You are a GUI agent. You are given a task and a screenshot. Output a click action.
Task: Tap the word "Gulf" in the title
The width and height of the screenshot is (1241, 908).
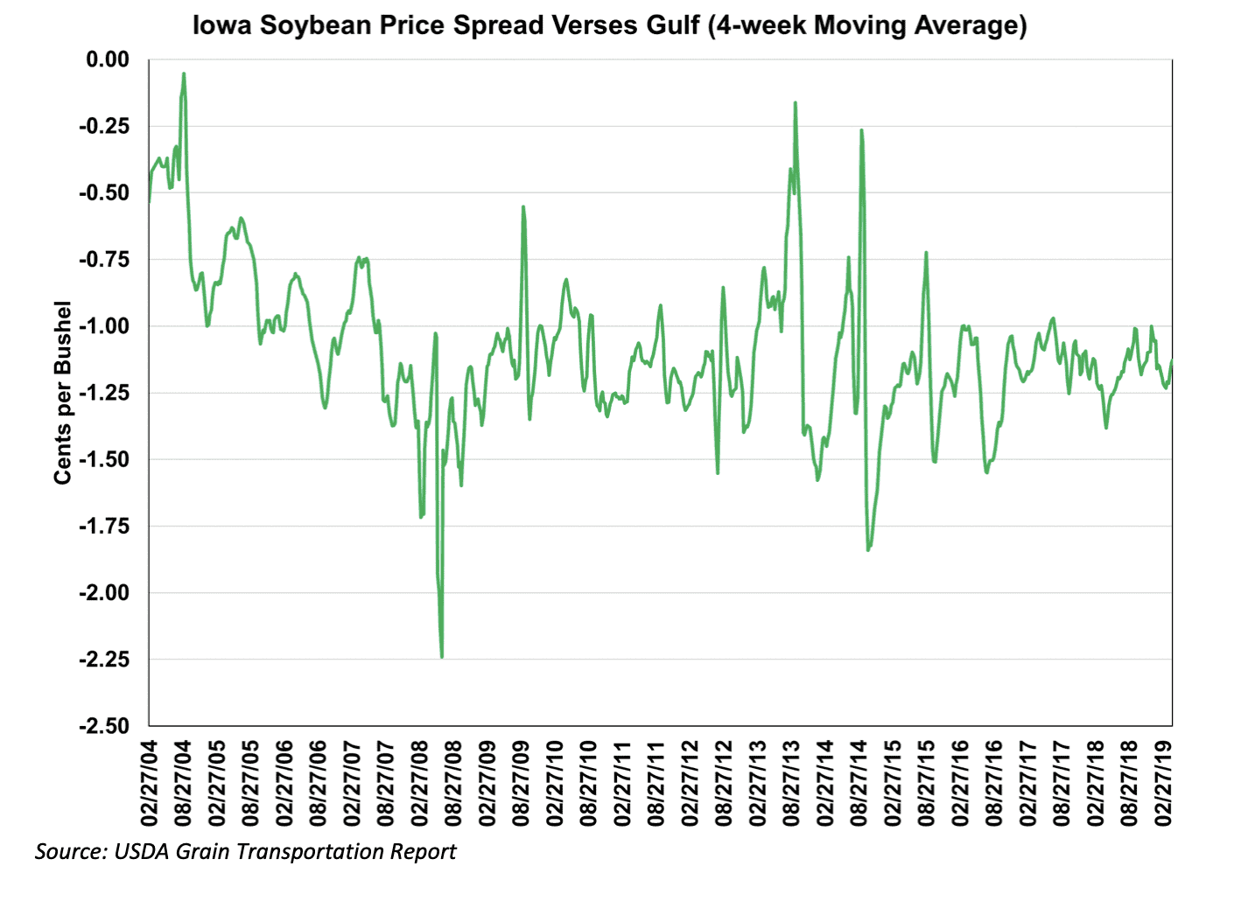click(x=673, y=24)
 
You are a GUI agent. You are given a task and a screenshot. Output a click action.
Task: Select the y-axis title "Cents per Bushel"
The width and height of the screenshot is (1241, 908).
click(x=62, y=392)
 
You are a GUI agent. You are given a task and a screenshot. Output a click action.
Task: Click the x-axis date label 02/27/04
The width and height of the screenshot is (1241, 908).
click(x=149, y=783)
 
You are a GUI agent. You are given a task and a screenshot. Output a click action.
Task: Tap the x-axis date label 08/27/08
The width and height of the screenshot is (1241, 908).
click(x=453, y=783)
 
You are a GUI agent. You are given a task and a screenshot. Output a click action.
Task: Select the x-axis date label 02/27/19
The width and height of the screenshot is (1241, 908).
click(x=1163, y=783)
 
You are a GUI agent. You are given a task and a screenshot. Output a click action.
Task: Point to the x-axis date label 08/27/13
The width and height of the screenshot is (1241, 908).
click(x=791, y=783)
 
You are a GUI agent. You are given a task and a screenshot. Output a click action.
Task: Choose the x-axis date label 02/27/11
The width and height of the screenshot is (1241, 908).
click(x=622, y=783)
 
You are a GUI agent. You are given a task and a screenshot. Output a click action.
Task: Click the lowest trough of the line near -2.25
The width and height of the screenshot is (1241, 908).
click(x=442, y=657)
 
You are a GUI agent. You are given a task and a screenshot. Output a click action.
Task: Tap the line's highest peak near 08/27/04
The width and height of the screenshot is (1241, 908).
click(x=184, y=73)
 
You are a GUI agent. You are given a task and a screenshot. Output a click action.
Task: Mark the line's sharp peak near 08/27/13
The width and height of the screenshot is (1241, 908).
click(x=796, y=102)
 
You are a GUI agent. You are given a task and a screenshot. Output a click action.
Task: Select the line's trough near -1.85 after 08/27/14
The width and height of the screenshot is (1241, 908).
click(x=868, y=549)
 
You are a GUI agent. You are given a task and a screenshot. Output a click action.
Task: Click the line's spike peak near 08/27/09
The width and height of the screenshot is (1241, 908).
click(x=523, y=207)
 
